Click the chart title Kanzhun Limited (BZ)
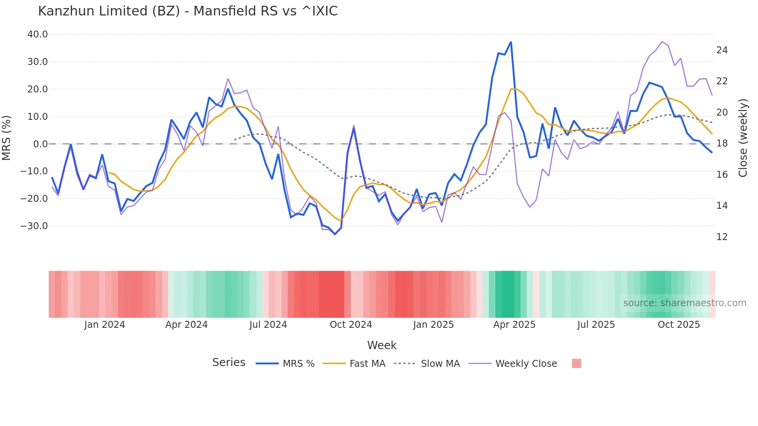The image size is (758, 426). coord(188,11)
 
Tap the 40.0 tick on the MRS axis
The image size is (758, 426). coord(38,34)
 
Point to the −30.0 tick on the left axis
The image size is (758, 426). coord(34,226)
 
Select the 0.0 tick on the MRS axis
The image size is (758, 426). coord(40,144)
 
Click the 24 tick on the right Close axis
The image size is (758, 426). coord(722,50)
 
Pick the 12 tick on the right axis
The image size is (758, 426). coord(722,237)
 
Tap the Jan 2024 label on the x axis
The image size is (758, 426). coord(104,325)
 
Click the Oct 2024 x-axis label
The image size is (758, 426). coord(351,325)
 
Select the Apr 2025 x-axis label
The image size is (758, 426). coord(514,325)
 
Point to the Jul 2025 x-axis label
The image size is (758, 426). coord(596,325)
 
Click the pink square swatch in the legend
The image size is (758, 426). coord(576,363)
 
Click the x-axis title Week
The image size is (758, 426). coord(382,345)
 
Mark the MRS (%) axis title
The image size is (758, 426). coord(7,138)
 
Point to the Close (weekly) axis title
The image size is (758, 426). coord(743,138)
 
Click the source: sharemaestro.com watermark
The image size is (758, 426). coord(685,303)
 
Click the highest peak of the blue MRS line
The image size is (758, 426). coord(511,42)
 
